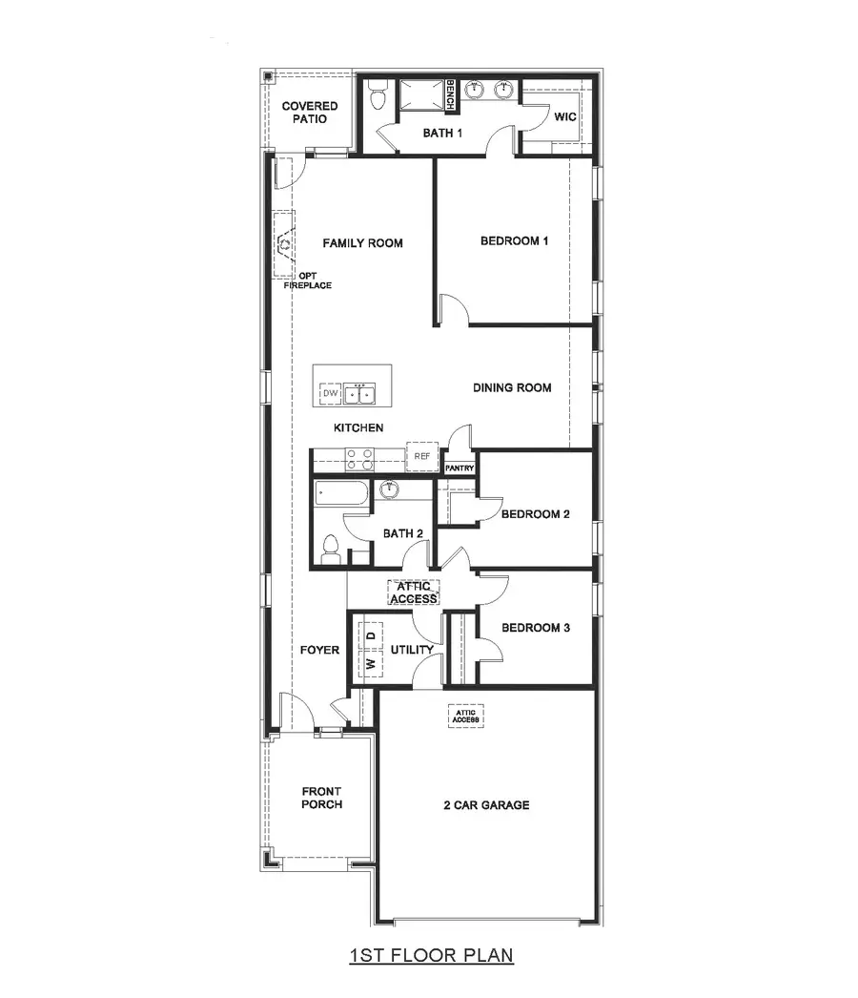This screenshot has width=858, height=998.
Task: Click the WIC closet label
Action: coord(565,117)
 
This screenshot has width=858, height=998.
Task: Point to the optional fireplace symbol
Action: coord(284,245)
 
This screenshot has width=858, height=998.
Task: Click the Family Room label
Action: coord(362,243)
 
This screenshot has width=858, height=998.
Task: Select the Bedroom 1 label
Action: coord(514,241)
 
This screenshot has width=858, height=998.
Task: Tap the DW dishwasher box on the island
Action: coord(330,393)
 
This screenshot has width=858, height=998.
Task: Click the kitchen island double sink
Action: coord(360,393)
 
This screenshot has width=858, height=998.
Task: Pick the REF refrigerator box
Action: coord(422,457)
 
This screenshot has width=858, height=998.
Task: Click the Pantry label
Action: coord(459,468)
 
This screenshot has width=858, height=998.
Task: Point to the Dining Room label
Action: coord(512,387)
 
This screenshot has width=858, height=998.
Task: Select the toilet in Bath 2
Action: coord(331,550)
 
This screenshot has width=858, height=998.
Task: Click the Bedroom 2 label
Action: coord(535,514)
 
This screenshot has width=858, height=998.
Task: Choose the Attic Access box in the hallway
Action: coord(413,593)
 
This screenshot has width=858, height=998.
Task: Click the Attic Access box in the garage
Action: coord(464,715)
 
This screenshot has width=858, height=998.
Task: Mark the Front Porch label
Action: coord(321,798)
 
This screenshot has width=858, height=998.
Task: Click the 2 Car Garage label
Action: coord(486,805)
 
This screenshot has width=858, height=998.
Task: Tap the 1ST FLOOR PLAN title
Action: coord(432,954)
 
